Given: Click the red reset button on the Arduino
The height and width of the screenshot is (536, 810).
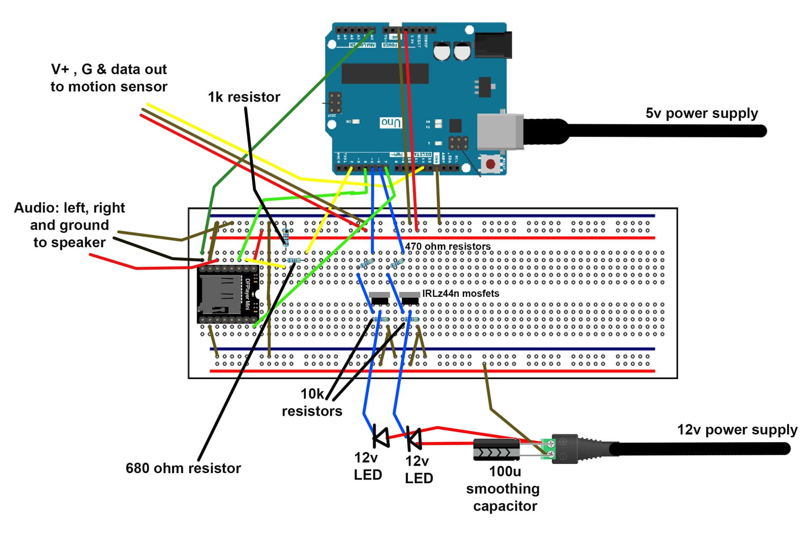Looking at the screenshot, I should tap(490, 164).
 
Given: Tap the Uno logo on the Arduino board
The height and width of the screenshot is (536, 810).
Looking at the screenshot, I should tap(391, 123).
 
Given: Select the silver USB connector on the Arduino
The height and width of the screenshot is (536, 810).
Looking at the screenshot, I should tap(499, 132).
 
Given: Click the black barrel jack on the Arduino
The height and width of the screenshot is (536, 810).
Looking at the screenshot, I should tap(493, 44).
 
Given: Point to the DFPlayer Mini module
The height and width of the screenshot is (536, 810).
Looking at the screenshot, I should tap(228, 294).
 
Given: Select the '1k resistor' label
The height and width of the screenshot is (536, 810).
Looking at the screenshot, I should tap(244, 97).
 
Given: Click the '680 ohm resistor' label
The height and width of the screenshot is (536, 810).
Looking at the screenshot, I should tap(183, 468).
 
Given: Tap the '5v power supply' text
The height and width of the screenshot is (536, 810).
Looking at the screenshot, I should tap(702, 113).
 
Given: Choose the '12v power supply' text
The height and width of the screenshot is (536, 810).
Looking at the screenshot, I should tap(737, 429).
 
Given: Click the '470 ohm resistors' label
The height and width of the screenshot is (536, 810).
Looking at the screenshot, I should tap(448, 246).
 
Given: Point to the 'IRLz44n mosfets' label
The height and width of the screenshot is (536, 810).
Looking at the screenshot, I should tap(460, 294).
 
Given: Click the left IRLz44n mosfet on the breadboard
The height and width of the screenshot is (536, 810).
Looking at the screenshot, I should tap(379, 298).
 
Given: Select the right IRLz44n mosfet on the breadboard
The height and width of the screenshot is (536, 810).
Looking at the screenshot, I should tap(409, 298).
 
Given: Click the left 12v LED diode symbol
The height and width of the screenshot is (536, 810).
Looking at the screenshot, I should tap(381, 437).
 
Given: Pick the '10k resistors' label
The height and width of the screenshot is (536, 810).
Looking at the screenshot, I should tap(312, 402).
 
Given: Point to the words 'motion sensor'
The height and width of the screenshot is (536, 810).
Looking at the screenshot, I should tap(118, 86).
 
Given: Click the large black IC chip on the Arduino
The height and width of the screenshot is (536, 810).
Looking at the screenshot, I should tap(385, 73).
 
